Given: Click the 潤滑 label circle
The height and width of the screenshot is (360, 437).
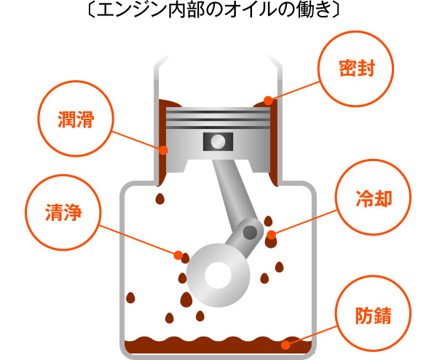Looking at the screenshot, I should [x=75, y=117].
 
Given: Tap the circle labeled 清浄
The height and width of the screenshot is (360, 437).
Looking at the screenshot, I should [x=61, y=213].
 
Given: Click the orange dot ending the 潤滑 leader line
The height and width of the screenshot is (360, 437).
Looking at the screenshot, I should [x=164, y=151].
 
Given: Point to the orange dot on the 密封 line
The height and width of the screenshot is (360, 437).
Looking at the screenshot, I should [x=268, y=101].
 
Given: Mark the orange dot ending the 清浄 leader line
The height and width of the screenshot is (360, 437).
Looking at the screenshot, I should [x=177, y=254].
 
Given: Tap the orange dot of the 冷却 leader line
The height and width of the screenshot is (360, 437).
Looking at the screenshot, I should [x=271, y=235].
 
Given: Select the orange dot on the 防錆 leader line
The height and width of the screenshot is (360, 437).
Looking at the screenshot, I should [x=286, y=343].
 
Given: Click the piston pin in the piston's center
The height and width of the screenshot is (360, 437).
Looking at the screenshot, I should [x=216, y=140].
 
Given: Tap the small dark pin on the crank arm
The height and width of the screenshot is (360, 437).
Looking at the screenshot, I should [x=250, y=232].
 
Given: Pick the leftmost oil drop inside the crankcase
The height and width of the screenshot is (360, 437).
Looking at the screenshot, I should [x=131, y=297].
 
